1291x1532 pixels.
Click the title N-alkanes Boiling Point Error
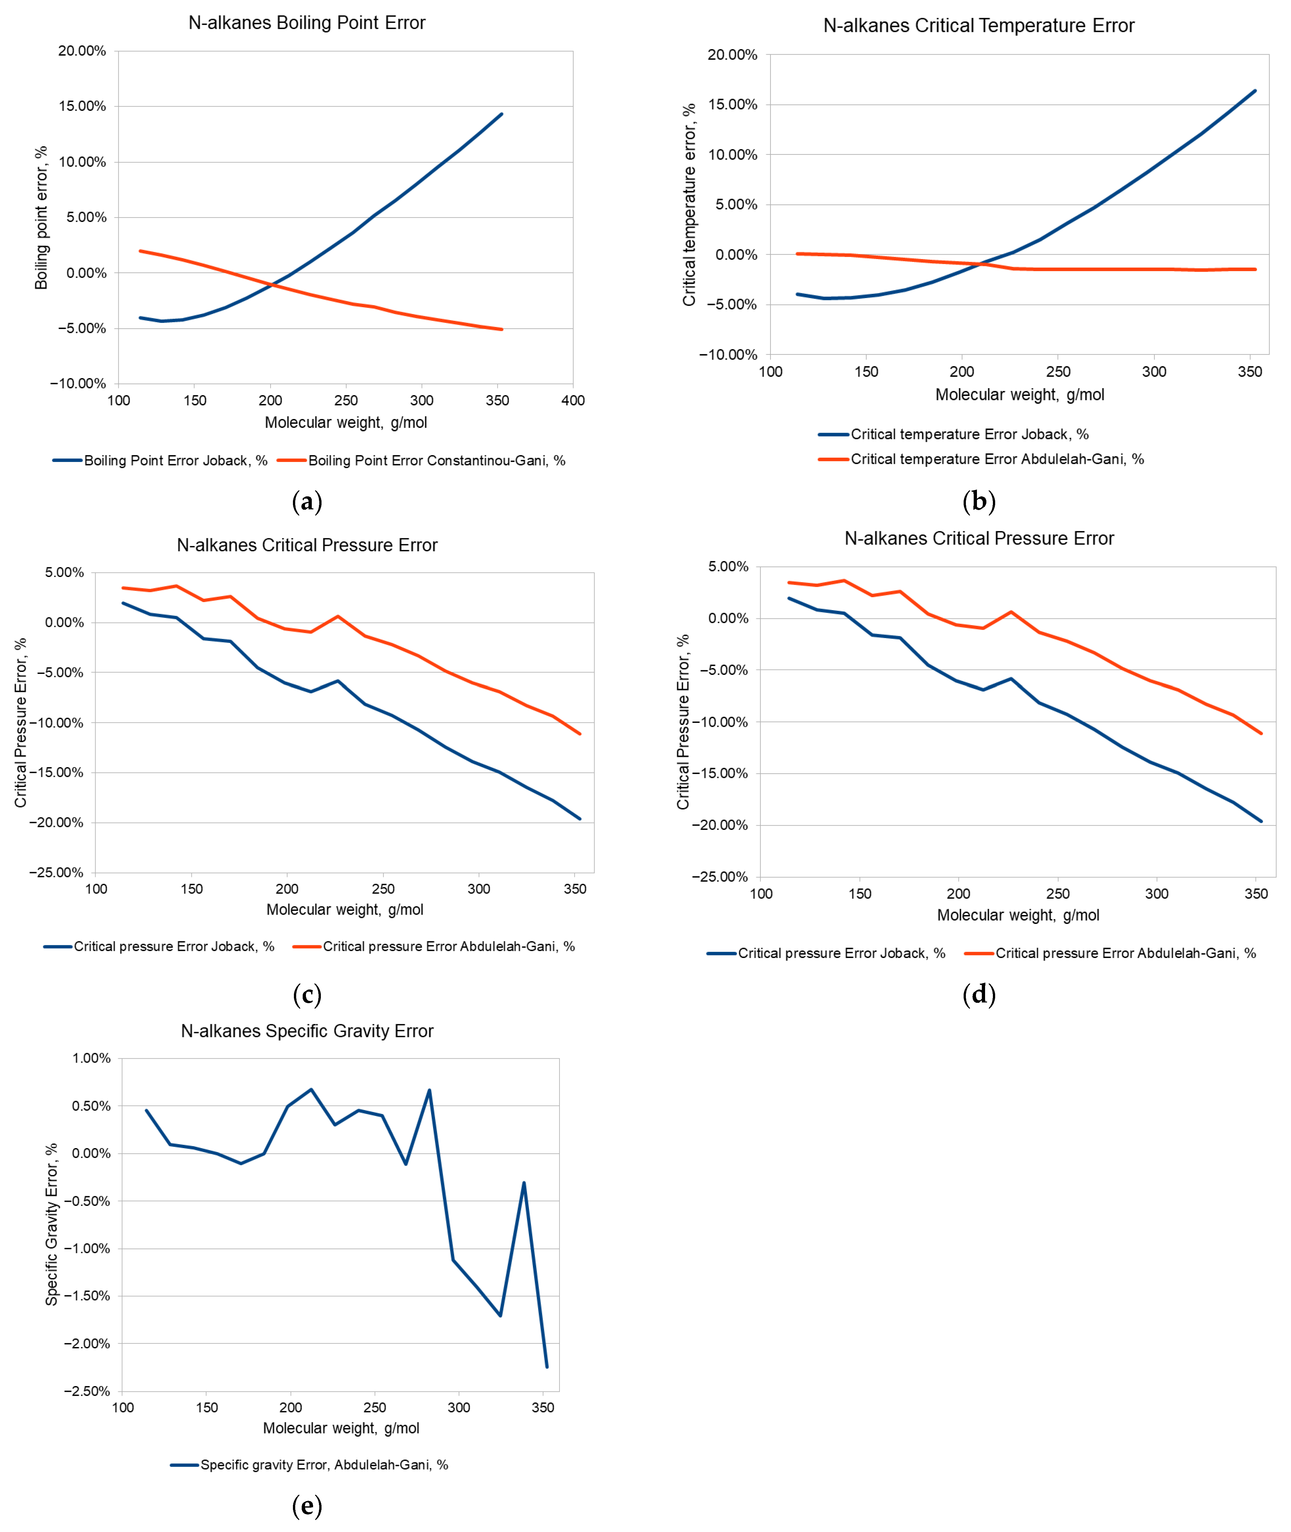[307, 23]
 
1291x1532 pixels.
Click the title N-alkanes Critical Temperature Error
[979, 26]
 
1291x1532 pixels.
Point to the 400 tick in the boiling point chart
[573, 400]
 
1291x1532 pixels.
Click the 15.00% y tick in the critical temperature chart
[732, 105]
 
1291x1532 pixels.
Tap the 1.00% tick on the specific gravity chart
[91, 1058]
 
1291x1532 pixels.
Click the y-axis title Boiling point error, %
[41, 217]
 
